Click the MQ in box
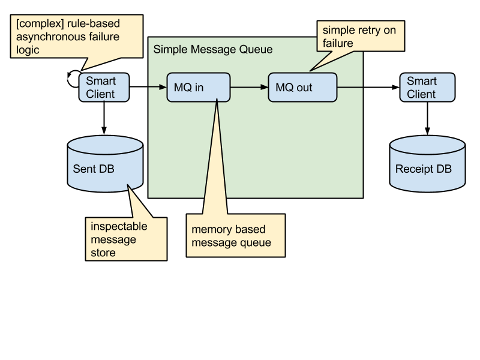click(198, 88)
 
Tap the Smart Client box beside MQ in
click(104, 88)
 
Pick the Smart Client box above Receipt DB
click(427, 88)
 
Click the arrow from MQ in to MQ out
click(249, 88)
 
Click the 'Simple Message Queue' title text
click(213, 50)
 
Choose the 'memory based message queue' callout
click(234, 236)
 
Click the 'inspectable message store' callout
click(127, 239)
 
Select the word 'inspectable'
click(119, 227)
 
